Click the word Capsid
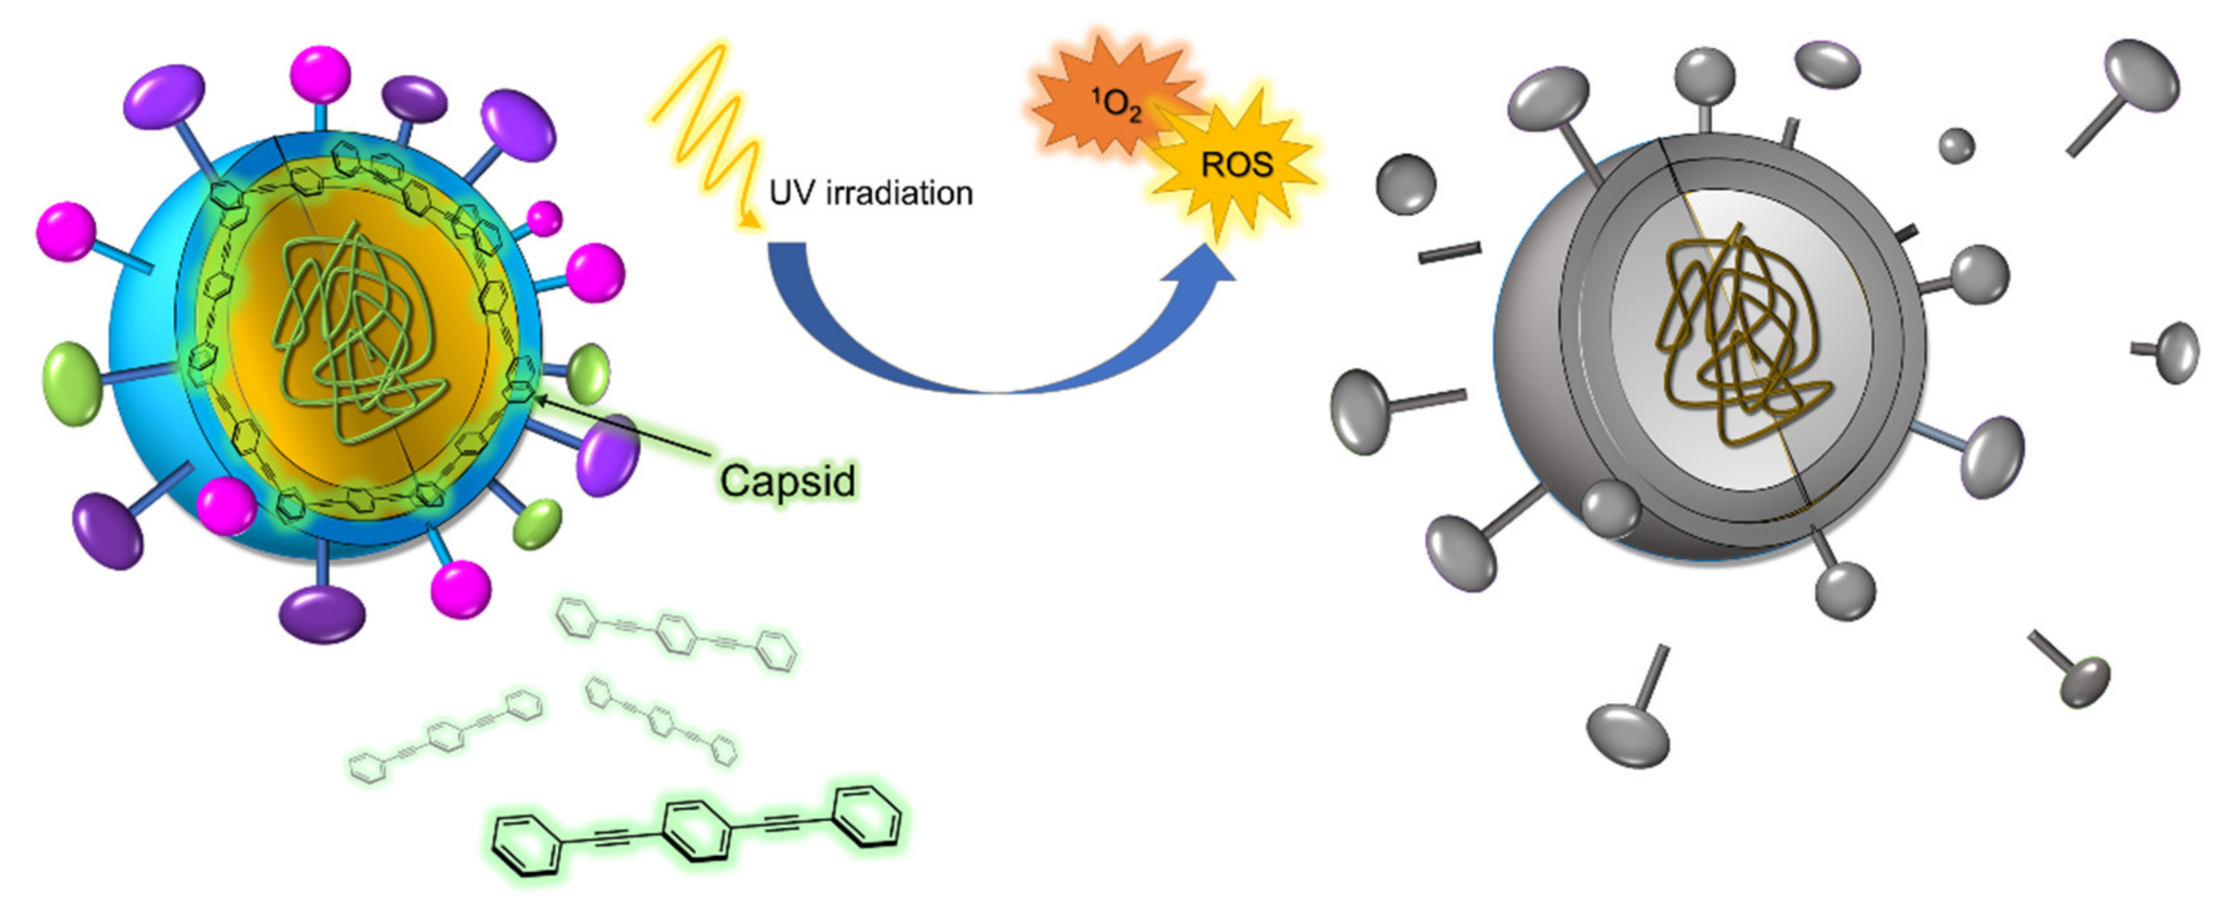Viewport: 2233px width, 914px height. [787, 481]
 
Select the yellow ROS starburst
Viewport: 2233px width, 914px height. [1235, 165]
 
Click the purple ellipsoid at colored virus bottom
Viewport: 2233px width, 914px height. [322, 614]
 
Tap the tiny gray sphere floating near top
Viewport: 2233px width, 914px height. [1957, 146]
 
